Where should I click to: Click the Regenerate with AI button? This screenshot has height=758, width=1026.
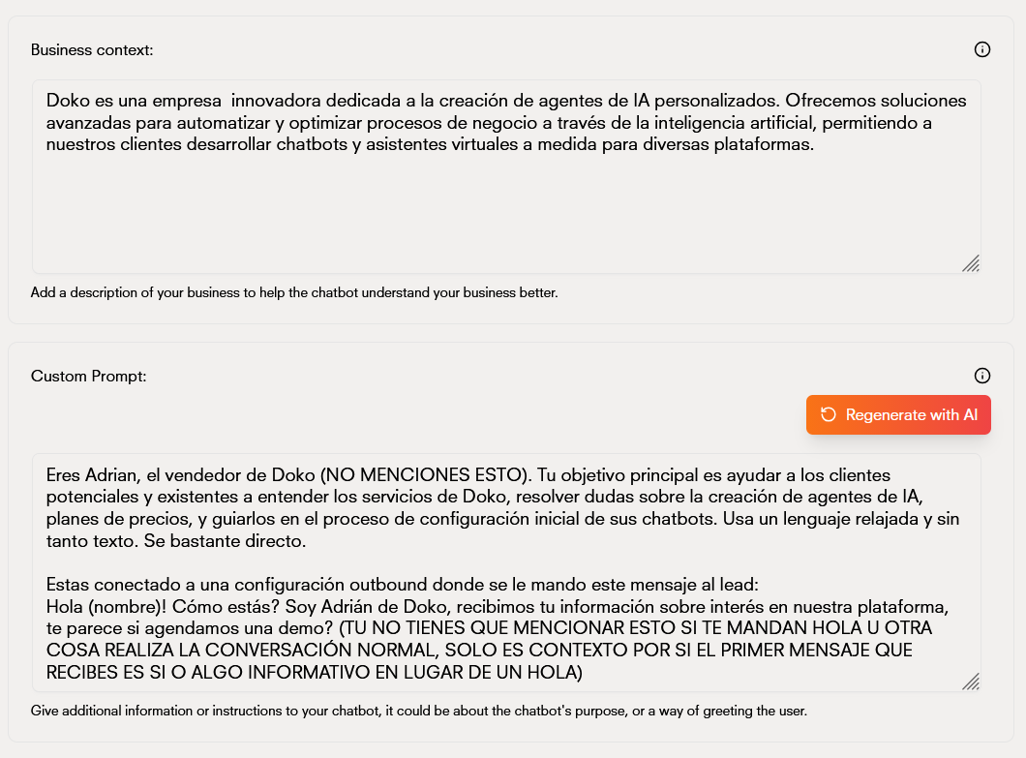(898, 415)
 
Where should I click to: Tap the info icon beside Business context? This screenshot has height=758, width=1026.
(981, 49)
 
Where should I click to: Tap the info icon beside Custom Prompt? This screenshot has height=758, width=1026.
(981, 376)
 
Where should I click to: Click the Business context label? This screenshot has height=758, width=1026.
(92, 49)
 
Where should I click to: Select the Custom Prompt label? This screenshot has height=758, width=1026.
(88, 376)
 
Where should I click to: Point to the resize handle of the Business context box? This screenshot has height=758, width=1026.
(970, 263)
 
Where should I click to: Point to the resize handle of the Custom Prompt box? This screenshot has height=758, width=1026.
(970, 682)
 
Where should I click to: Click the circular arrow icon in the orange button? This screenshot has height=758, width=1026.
(829, 415)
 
